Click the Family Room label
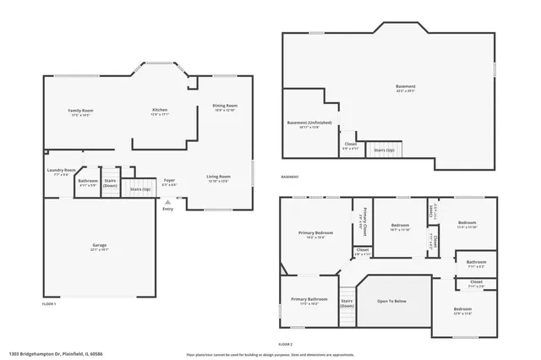pos(81,112)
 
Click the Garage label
pos(100,246)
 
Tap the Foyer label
pos(169,180)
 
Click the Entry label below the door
pos(167,209)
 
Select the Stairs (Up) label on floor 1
pos(140,189)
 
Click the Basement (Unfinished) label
pos(309,123)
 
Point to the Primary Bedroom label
pos(315,232)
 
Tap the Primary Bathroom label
pos(309,299)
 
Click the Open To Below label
pos(391,301)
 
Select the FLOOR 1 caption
pos(49,303)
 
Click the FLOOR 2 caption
pos(286,345)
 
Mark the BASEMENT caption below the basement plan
pos(289,177)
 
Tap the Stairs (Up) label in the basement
pos(385,150)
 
